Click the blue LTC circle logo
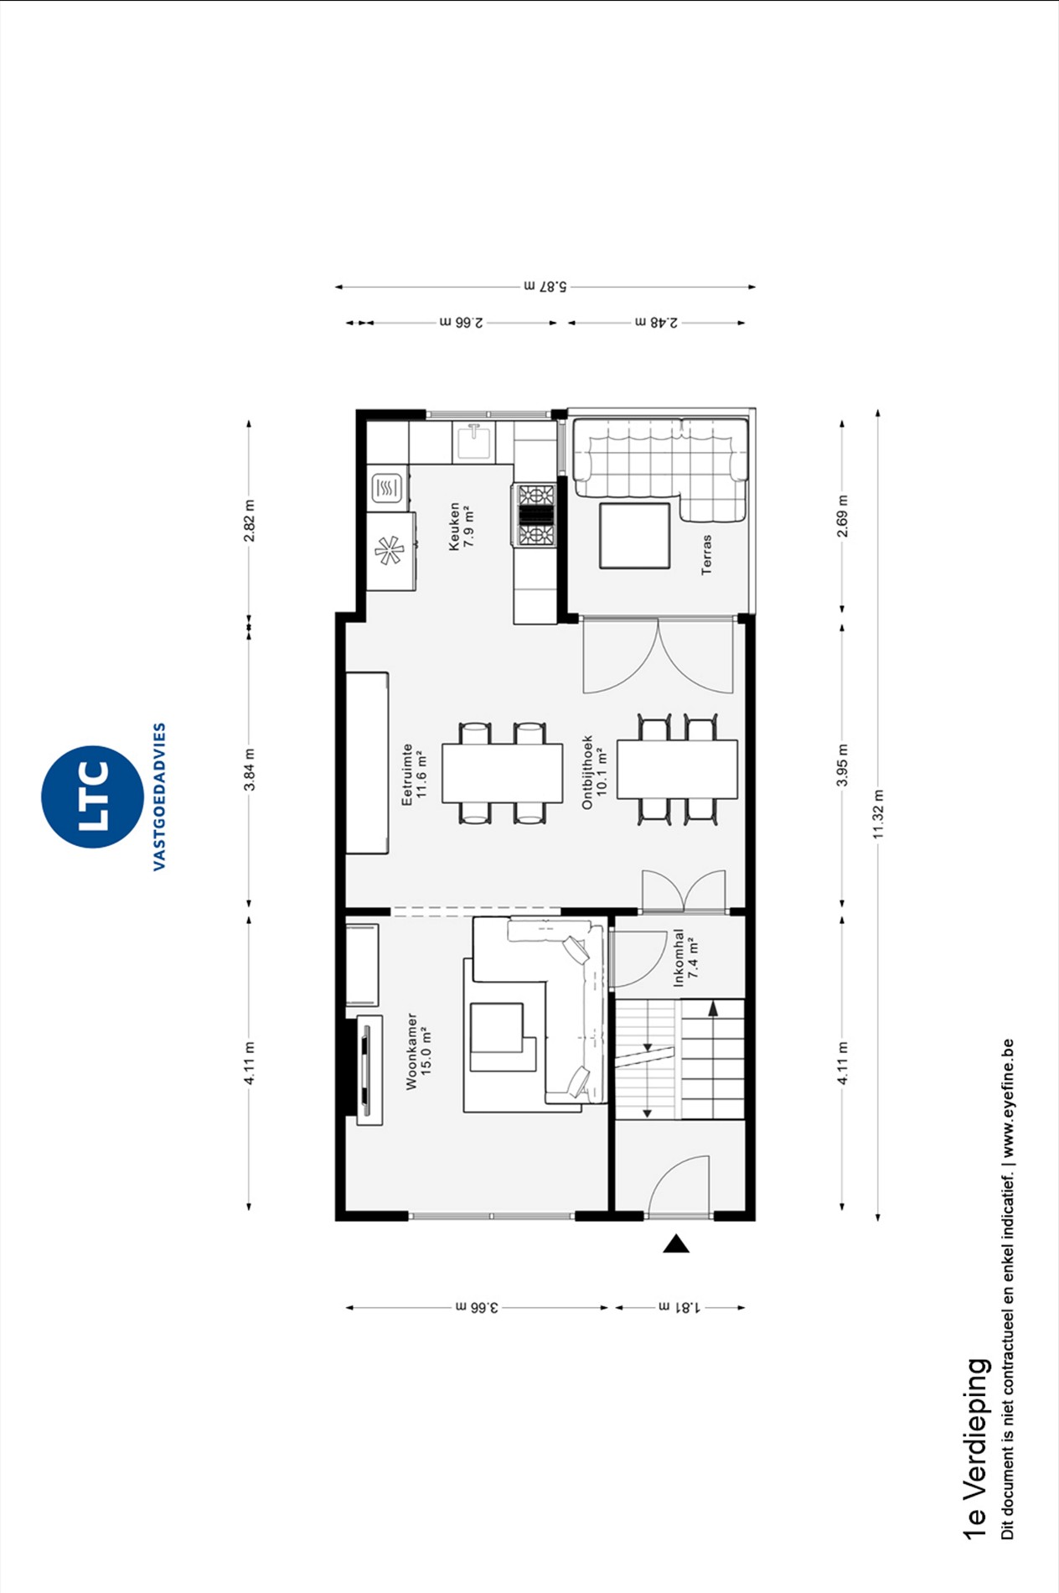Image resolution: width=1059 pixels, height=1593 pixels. click(x=92, y=796)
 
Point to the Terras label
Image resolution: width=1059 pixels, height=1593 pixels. click(x=706, y=554)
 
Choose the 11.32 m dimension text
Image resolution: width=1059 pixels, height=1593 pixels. click(x=877, y=813)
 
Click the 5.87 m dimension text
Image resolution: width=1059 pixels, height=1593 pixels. click(x=545, y=286)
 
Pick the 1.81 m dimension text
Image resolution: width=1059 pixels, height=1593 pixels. click(x=679, y=1306)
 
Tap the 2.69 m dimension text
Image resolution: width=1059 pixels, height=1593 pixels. click(x=842, y=516)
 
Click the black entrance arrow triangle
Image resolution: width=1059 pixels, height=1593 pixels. click(x=676, y=1243)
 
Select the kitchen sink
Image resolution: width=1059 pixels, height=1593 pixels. click(x=474, y=442)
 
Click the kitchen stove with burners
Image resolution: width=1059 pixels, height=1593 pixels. click(x=535, y=516)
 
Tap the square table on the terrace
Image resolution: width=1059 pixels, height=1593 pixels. click(x=634, y=536)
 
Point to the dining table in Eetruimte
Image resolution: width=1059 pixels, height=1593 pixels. click(x=503, y=772)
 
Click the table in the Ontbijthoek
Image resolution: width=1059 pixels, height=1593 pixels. click(x=677, y=769)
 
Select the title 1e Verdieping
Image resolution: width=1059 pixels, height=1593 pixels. click(x=975, y=1448)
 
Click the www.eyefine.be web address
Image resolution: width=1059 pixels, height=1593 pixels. click(x=1007, y=1097)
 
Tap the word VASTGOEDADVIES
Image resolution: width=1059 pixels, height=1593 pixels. click(x=159, y=796)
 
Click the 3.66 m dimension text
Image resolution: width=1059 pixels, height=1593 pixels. click(x=477, y=1306)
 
